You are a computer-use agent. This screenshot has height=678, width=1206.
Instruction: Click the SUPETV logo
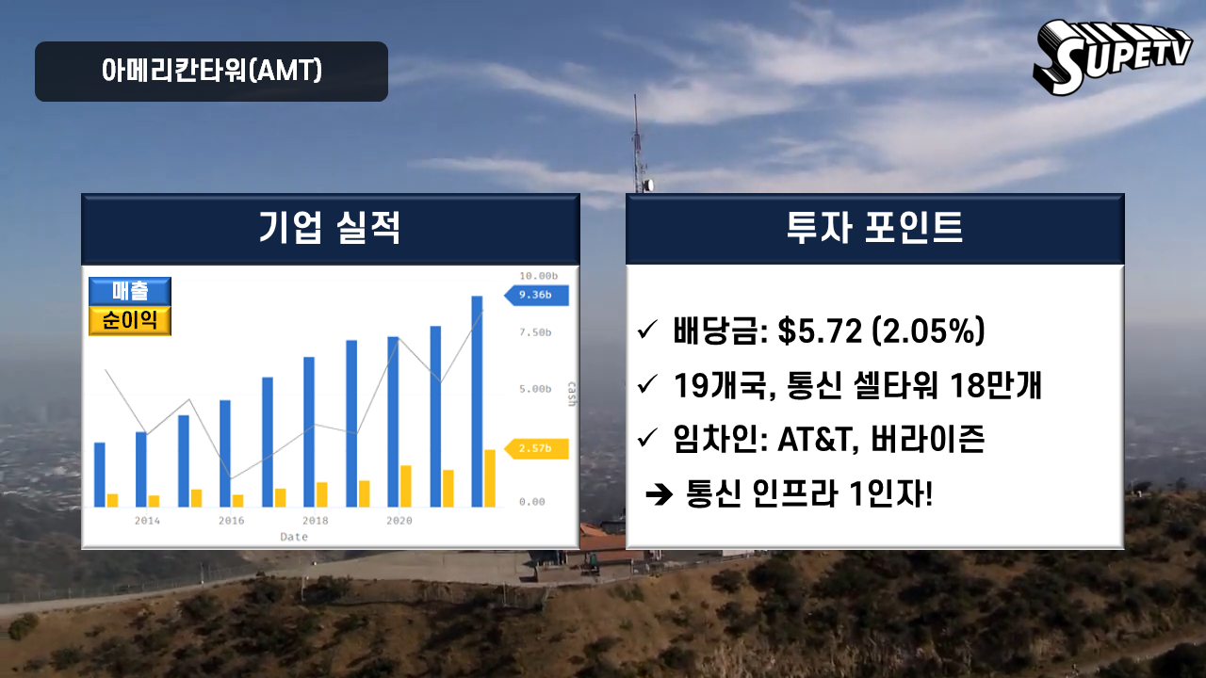tap(1112, 57)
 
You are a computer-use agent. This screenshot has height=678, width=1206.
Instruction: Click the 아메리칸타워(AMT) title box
tap(212, 72)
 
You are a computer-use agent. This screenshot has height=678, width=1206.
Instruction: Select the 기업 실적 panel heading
tap(330, 228)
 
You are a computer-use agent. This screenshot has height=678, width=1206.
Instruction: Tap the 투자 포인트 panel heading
tap(875, 228)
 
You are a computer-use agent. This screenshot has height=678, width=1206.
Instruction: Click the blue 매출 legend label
tap(130, 291)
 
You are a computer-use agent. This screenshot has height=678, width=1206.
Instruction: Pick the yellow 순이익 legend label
tap(130, 321)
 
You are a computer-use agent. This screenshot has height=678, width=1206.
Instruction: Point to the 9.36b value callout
tap(536, 296)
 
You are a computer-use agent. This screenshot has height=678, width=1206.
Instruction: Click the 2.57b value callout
tap(536, 449)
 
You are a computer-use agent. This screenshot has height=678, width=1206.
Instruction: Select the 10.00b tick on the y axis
tap(538, 276)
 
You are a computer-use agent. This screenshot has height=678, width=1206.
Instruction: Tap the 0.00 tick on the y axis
tap(532, 502)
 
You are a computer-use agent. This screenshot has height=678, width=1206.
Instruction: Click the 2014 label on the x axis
tap(147, 521)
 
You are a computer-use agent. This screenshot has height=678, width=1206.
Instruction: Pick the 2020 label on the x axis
tap(399, 521)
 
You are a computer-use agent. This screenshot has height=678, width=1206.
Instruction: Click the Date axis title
tap(294, 537)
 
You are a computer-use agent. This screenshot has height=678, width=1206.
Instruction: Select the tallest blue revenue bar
tap(477, 401)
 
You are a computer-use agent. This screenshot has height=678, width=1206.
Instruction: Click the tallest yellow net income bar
tap(490, 478)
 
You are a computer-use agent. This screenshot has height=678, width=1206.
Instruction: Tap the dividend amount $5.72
tap(820, 331)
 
